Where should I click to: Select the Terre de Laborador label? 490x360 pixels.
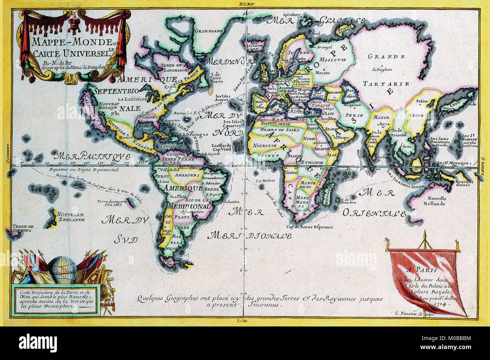pos(174,68)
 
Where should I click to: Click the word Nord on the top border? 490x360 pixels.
pos(245,4)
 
